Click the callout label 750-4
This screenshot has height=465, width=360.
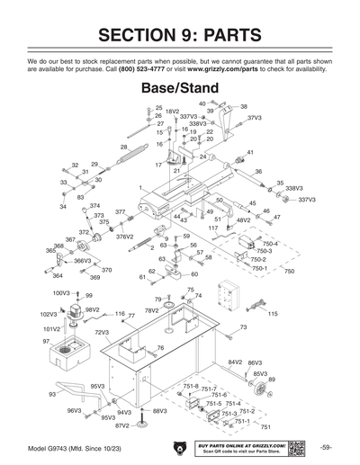270,244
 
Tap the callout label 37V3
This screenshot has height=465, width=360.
255,118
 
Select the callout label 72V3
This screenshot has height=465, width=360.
102,332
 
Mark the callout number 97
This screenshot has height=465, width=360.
46,342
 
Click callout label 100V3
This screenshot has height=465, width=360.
61,293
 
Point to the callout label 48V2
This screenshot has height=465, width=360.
243,219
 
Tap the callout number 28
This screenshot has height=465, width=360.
123,147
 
